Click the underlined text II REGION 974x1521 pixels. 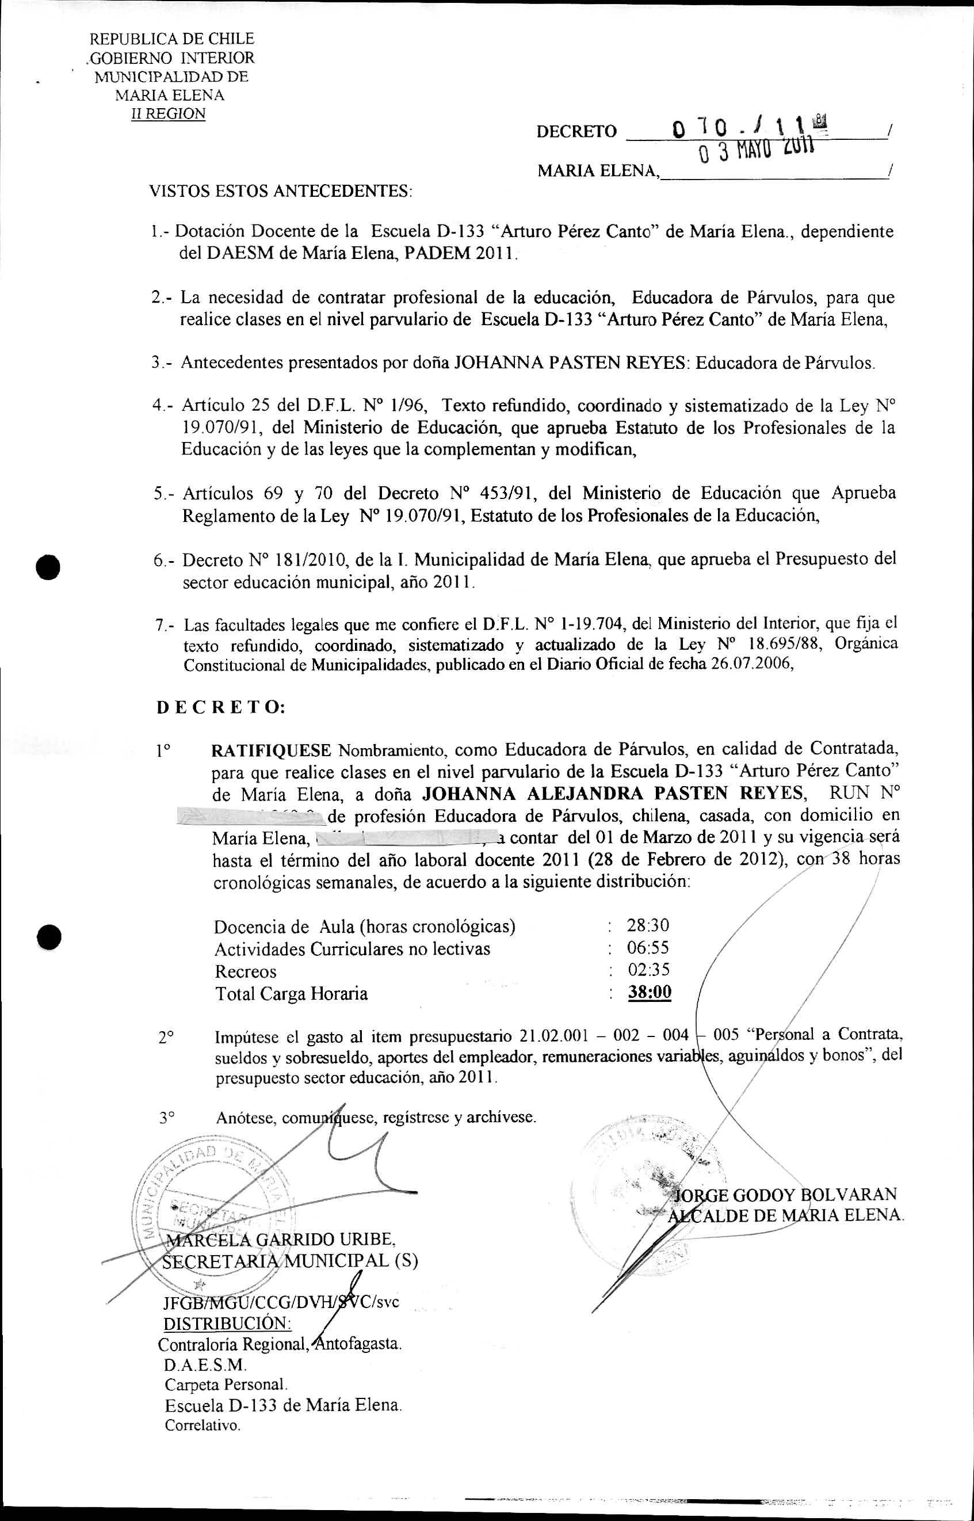[167, 114]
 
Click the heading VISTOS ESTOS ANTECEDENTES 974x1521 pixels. [280, 190]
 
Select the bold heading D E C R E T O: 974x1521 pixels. [221, 707]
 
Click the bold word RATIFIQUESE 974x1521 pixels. [272, 750]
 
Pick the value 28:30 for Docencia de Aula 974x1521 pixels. [648, 925]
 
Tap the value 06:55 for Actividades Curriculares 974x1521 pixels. [648, 947]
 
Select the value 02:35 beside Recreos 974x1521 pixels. [648, 969]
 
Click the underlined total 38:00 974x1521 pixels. [650, 992]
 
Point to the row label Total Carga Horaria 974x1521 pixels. [291, 993]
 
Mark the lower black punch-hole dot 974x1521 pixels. [48, 937]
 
